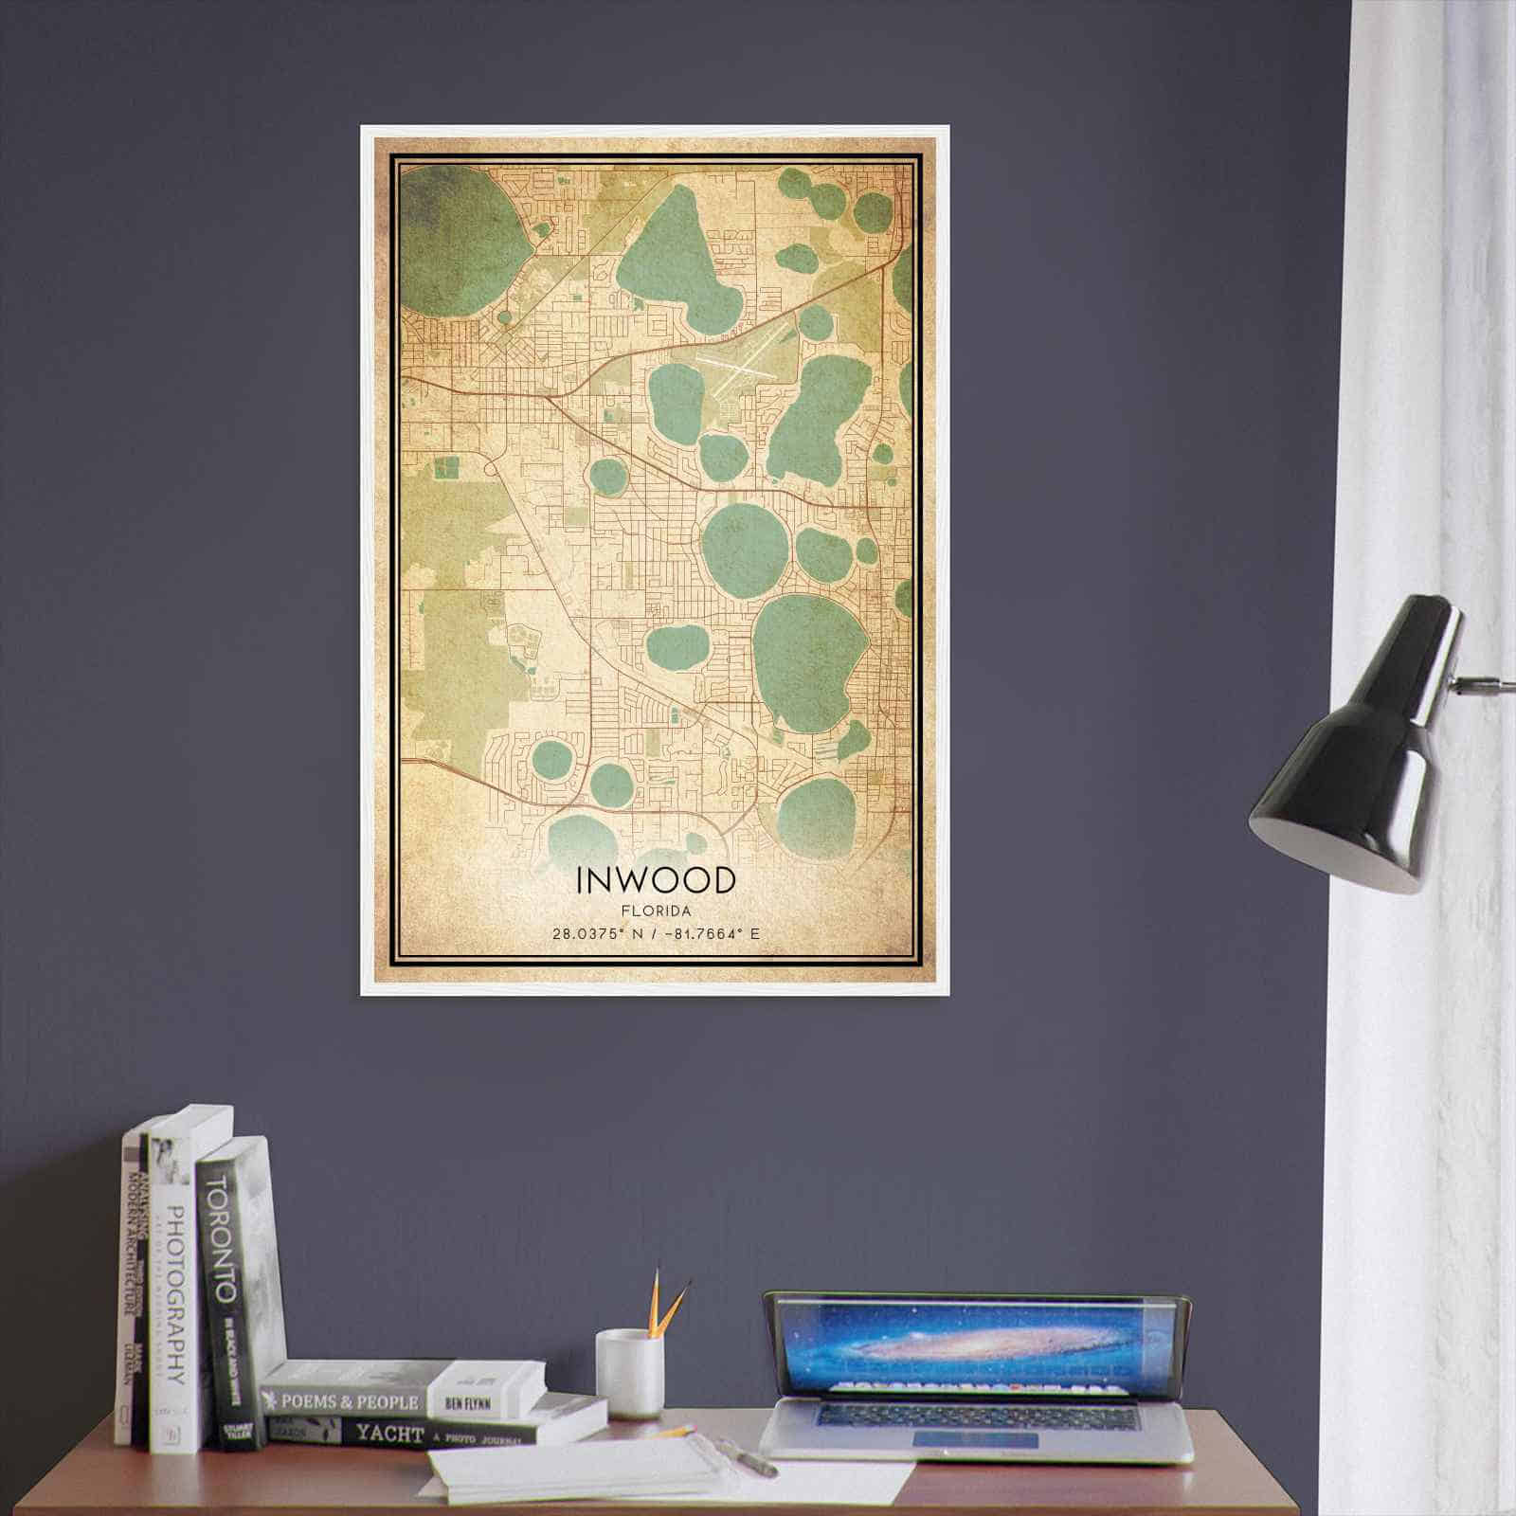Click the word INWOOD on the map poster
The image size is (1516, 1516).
[x=655, y=880]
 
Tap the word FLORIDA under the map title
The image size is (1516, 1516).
[x=655, y=911]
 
